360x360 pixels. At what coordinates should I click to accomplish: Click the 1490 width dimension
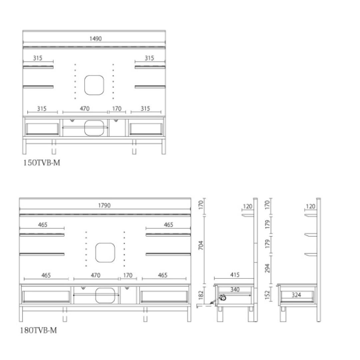coord(96,39)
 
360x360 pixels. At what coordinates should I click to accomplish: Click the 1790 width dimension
coord(104,205)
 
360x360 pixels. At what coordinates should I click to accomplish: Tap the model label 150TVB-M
coord(42,163)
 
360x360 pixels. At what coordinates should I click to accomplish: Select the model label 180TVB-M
coord(38,330)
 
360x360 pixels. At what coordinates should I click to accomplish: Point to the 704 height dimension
coord(201,245)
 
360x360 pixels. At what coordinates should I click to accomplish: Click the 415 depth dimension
coord(235,275)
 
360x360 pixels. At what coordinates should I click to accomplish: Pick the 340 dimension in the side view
coord(235,290)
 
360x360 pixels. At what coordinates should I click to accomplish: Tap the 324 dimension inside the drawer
coord(296,295)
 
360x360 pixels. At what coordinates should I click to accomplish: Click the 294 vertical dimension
coord(267,268)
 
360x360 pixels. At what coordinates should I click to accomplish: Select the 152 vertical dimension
coord(267,295)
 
